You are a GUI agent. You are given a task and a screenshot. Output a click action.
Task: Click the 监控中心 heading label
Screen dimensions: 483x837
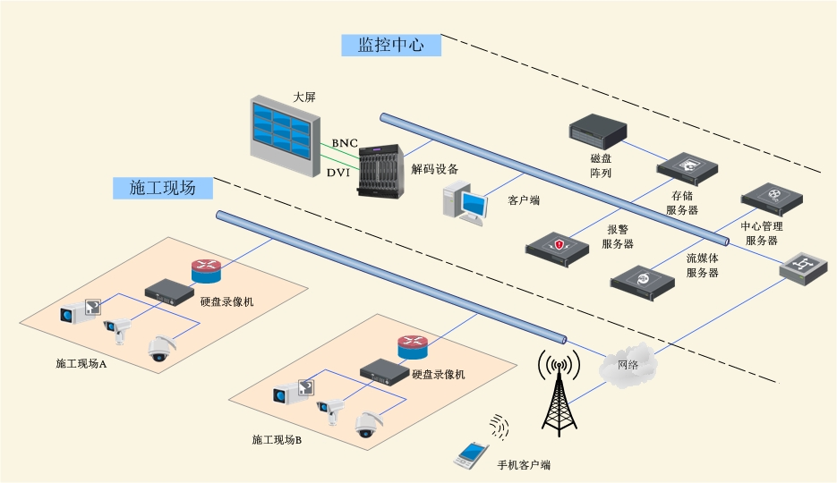coord(391,45)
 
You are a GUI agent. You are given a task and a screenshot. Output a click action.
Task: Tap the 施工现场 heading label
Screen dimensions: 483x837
coord(162,187)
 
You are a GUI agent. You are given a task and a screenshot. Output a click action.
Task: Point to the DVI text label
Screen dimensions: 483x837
coord(338,172)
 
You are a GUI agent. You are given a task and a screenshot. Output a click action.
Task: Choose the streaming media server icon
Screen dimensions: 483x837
coord(643,280)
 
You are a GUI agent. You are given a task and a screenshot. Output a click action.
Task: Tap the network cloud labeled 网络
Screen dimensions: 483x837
coord(628,365)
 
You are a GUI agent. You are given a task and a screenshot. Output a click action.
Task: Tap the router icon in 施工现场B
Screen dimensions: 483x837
coord(414,345)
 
